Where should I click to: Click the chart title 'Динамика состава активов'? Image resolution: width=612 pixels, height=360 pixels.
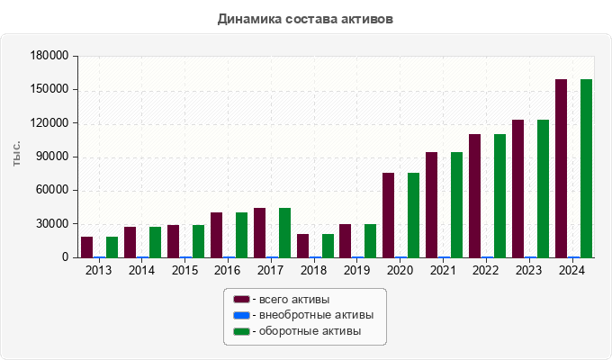(305, 18)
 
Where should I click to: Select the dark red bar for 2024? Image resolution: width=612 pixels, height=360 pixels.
(561, 168)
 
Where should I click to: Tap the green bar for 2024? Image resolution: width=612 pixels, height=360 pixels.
(586, 168)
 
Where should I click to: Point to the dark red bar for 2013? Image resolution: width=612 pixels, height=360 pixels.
(86, 247)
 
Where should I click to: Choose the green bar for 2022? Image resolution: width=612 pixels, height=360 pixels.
(499, 195)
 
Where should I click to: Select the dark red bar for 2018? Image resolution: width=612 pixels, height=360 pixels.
(302, 246)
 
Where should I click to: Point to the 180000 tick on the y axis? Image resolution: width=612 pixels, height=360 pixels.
(50, 56)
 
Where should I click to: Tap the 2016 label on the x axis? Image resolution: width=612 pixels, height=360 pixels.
(229, 271)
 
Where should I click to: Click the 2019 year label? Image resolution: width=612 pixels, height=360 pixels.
(358, 271)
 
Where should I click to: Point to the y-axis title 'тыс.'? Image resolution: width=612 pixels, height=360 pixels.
(17, 156)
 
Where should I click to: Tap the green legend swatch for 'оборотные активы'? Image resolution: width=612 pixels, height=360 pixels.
(241, 331)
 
